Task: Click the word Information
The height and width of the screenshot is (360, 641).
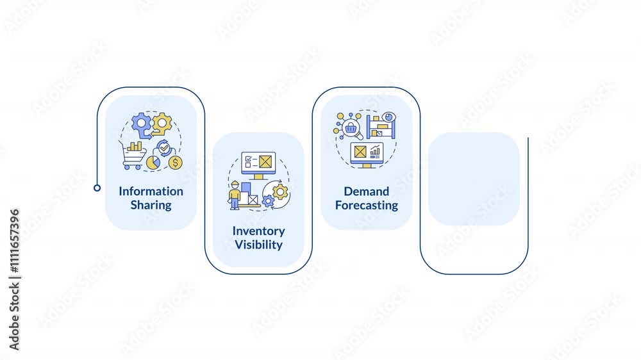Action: [x=151, y=191]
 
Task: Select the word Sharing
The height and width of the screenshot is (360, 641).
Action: [x=151, y=205]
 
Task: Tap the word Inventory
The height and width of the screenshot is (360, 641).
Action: [x=258, y=231]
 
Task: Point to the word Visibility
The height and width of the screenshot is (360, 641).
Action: [x=258, y=245]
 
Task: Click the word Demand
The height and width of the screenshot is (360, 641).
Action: [x=366, y=191]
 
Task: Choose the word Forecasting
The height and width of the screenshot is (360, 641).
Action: [x=366, y=205]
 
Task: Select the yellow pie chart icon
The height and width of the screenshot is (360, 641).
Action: [x=153, y=163]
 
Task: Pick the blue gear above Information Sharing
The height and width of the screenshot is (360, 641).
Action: [x=140, y=124]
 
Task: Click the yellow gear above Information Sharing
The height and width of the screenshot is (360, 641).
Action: [x=162, y=122]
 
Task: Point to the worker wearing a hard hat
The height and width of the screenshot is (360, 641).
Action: [x=235, y=195]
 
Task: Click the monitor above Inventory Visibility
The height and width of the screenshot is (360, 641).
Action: [x=258, y=164]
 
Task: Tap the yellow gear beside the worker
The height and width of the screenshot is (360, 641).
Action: [x=280, y=191]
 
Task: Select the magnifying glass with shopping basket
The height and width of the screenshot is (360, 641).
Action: [x=351, y=129]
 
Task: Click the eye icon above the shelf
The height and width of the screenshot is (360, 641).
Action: [x=389, y=119]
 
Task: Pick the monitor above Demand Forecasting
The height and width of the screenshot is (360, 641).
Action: [x=367, y=154]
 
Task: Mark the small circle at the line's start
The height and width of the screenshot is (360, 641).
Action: [x=97, y=188]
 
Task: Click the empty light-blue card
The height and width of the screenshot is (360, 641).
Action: [x=474, y=179]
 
